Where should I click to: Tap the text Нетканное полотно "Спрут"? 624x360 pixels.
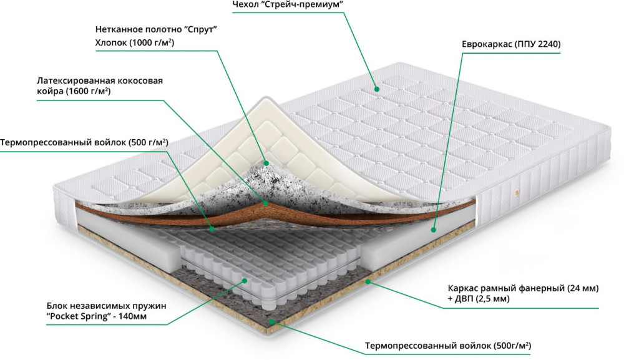[160, 29]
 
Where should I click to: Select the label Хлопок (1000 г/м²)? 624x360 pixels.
[134, 43]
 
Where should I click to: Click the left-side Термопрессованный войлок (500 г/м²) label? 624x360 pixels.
[84, 142]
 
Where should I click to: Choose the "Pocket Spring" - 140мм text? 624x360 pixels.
[99, 318]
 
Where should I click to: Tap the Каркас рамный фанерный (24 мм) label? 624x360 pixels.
[523, 288]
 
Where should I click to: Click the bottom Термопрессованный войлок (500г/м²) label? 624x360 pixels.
[448, 345]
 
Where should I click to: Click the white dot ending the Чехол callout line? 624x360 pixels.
[377, 89]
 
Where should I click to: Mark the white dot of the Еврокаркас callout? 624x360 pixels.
[432, 229]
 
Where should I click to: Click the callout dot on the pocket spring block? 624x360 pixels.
[242, 281]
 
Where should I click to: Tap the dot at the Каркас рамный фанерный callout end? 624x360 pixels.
[368, 281]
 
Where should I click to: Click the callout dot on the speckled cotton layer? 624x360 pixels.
[266, 163]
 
